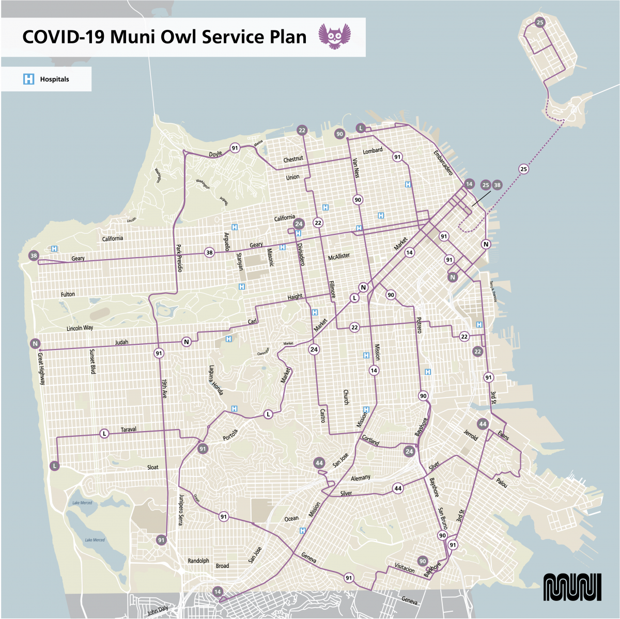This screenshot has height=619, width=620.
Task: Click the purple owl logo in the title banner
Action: (x=334, y=36)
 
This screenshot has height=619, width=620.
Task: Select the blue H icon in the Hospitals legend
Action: (x=29, y=79)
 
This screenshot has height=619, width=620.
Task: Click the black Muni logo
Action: (x=572, y=587)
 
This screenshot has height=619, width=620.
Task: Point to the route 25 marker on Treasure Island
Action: (x=540, y=22)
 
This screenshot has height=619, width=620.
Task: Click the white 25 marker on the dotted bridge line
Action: (x=523, y=169)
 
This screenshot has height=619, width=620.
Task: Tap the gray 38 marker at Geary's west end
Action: (x=34, y=256)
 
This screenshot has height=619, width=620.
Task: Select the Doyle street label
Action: (x=215, y=154)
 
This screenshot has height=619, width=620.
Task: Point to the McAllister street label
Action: (x=339, y=256)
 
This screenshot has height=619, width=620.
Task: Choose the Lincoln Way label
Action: (x=80, y=328)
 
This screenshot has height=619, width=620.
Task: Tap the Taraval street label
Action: (x=128, y=430)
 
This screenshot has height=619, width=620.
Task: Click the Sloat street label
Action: (x=153, y=468)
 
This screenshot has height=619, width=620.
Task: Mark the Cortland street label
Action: (x=370, y=440)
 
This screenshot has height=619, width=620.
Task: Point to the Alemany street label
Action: (x=360, y=478)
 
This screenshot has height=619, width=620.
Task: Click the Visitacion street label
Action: (x=405, y=568)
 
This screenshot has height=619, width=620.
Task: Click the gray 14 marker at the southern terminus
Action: (x=218, y=592)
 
